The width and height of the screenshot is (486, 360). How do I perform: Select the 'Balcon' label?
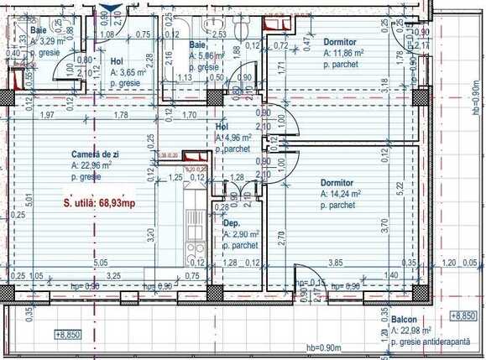[x=405, y=321]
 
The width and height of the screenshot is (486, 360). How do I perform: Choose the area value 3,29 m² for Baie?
[x=44, y=39]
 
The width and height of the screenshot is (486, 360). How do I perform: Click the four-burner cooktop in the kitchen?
[x=194, y=248]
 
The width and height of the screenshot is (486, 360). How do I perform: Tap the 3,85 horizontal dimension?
[x=335, y=263]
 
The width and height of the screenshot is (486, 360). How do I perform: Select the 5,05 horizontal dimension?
[x=100, y=263]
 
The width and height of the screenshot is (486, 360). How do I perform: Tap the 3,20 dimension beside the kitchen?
[x=150, y=235]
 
